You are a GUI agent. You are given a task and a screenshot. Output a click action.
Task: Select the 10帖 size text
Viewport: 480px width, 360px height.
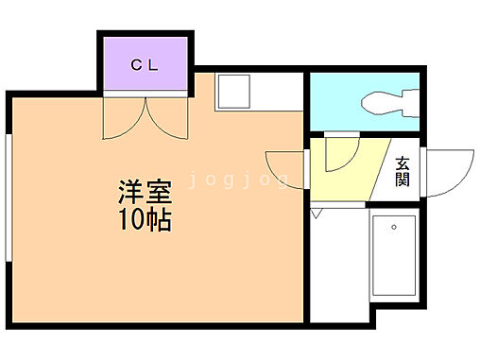[x=144, y=223]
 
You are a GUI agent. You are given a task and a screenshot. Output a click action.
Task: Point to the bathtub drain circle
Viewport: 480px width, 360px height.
[x=394, y=226]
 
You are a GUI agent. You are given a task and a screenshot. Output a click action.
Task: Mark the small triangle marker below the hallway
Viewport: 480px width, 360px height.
[x=316, y=214]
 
